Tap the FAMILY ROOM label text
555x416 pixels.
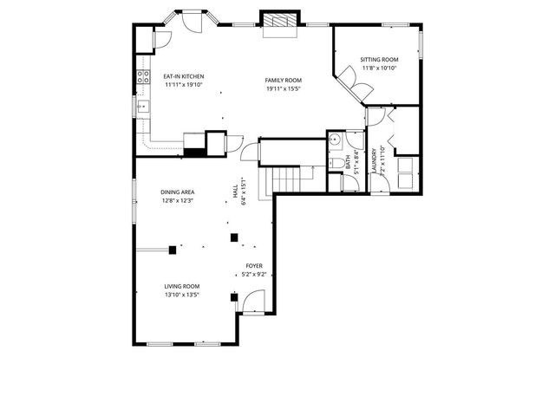coord(284,80)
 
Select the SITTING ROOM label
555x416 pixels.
coord(378,60)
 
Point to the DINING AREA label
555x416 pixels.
coord(177,192)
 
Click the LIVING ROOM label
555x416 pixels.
coord(182,286)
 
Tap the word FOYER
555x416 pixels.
coord(254,266)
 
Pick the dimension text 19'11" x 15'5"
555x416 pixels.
coord(284,88)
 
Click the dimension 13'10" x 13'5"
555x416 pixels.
coord(182,295)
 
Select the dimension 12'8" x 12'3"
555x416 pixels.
coord(177,201)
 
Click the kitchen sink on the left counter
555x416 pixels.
coord(142,107)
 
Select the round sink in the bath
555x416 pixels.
coord(335,140)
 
